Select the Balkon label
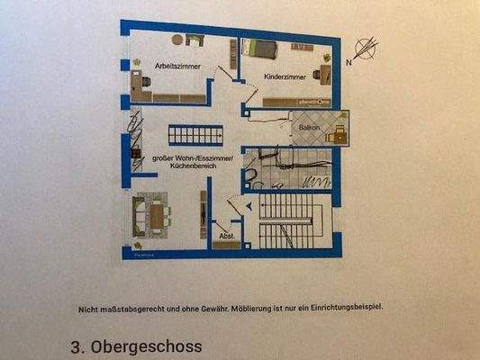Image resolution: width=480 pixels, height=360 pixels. (x=306, y=129)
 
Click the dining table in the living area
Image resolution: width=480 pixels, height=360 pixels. (x=158, y=216)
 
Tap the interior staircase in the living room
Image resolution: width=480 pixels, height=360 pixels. (x=195, y=135)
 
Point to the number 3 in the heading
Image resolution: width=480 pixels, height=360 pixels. (x=75, y=346)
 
